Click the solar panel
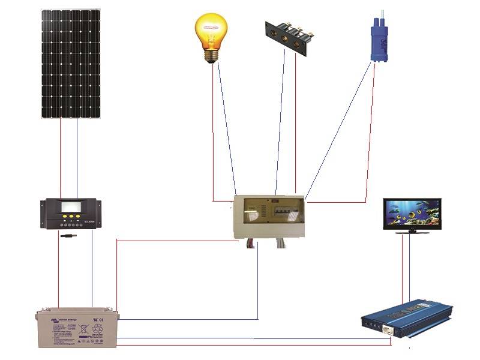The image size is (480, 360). tap(70, 63)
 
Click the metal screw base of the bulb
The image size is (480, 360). tap(211, 56)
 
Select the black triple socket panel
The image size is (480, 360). tap(287, 37)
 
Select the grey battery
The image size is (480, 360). tap(77, 328)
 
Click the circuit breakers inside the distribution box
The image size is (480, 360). tap(282, 211)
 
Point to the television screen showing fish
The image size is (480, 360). tap(412, 213)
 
